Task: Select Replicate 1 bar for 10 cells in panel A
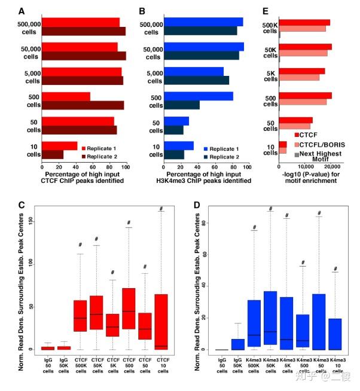60,145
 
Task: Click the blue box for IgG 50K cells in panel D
238,344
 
